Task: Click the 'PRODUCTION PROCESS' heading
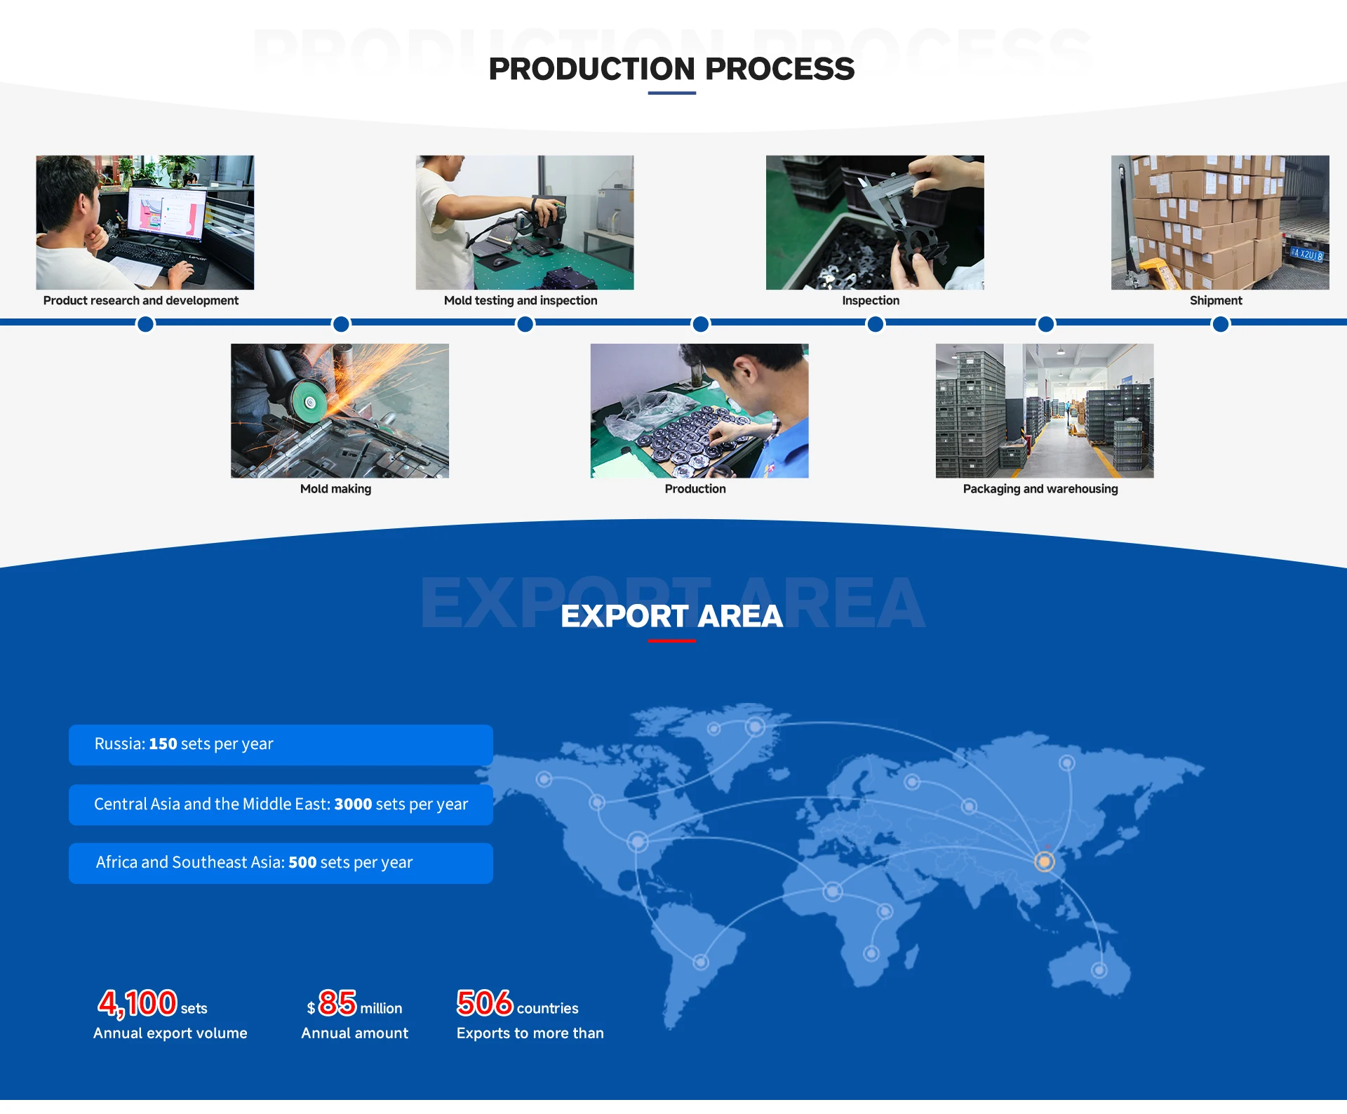(x=671, y=69)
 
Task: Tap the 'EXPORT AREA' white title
(x=671, y=616)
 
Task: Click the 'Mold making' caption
(x=335, y=489)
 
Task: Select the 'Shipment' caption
(x=1215, y=300)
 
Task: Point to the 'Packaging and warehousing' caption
(x=1040, y=489)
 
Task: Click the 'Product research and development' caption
(x=140, y=300)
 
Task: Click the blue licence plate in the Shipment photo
(x=1307, y=254)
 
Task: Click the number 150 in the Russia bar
(x=163, y=744)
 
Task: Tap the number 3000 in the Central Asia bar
(x=353, y=804)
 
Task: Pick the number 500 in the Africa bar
(x=302, y=862)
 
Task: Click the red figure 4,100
(x=138, y=1003)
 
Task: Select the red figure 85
(x=337, y=1003)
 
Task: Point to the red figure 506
(x=484, y=1003)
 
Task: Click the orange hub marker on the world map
(x=1045, y=861)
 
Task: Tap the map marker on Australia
(x=1099, y=970)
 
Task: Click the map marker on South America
(x=701, y=962)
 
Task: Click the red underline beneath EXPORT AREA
(x=671, y=640)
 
